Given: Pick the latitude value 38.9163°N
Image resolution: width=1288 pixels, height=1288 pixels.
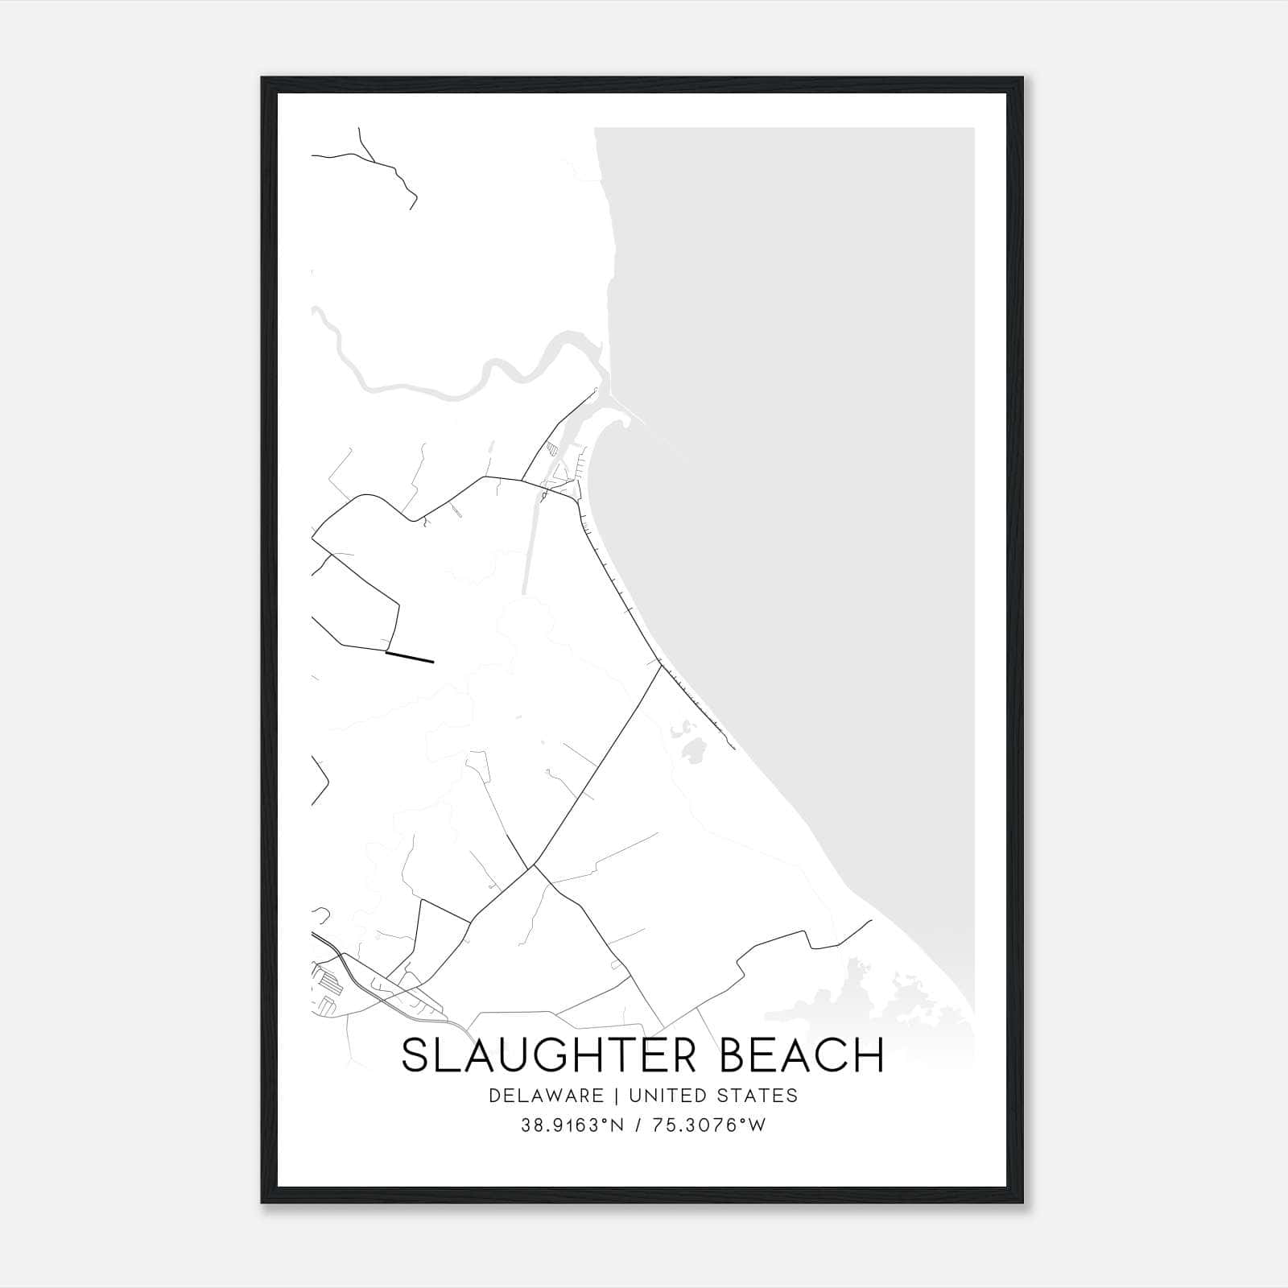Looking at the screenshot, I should [x=572, y=1125].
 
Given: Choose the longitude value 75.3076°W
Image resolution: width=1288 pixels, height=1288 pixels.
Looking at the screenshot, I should [x=708, y=1125].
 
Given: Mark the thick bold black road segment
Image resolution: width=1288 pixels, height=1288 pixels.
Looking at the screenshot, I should [x=410, y=658].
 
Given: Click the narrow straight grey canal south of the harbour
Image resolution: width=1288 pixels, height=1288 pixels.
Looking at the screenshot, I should [x=529, y=547].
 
